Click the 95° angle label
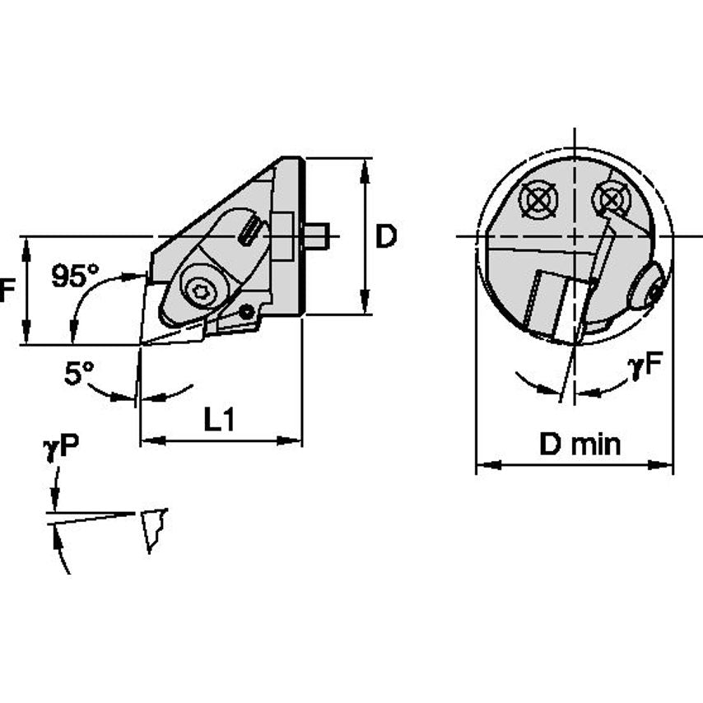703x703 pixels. pos(74,276)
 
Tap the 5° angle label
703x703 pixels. pos(79,375)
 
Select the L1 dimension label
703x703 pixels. pos(220,421)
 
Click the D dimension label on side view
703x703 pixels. pos(385,237)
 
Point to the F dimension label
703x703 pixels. pos(7,291)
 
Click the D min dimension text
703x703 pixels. pos(580,445)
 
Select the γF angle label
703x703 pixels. pos(647,368)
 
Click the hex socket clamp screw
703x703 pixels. pos(200,291)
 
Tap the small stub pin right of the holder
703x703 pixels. pos(317,236)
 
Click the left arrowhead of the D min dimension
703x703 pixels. pos(482,466)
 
